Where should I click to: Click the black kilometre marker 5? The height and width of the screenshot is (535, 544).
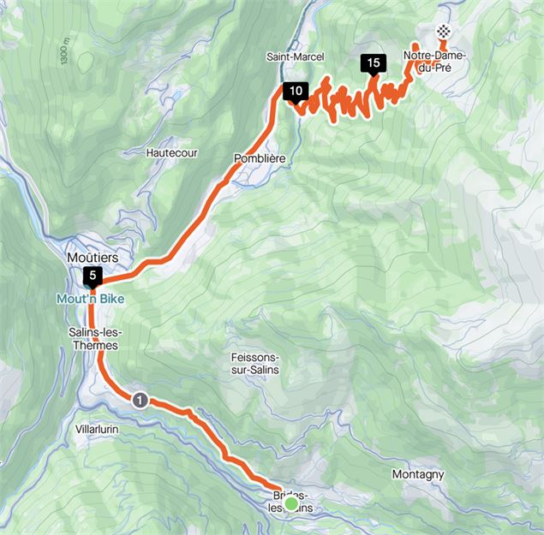click(92, 276)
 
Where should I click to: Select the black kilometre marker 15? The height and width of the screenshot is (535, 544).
click(372, 62)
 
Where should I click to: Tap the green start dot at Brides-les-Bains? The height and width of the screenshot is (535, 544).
click(291, 505)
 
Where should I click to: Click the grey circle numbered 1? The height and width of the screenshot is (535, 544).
click(140, 400)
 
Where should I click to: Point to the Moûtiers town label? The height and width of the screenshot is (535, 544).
click(92, 257)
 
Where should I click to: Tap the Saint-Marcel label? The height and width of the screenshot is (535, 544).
click(295, 56)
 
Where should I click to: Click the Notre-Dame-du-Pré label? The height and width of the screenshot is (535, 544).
click(437, 63)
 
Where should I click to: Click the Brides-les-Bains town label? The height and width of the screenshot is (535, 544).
click(290, 502)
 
